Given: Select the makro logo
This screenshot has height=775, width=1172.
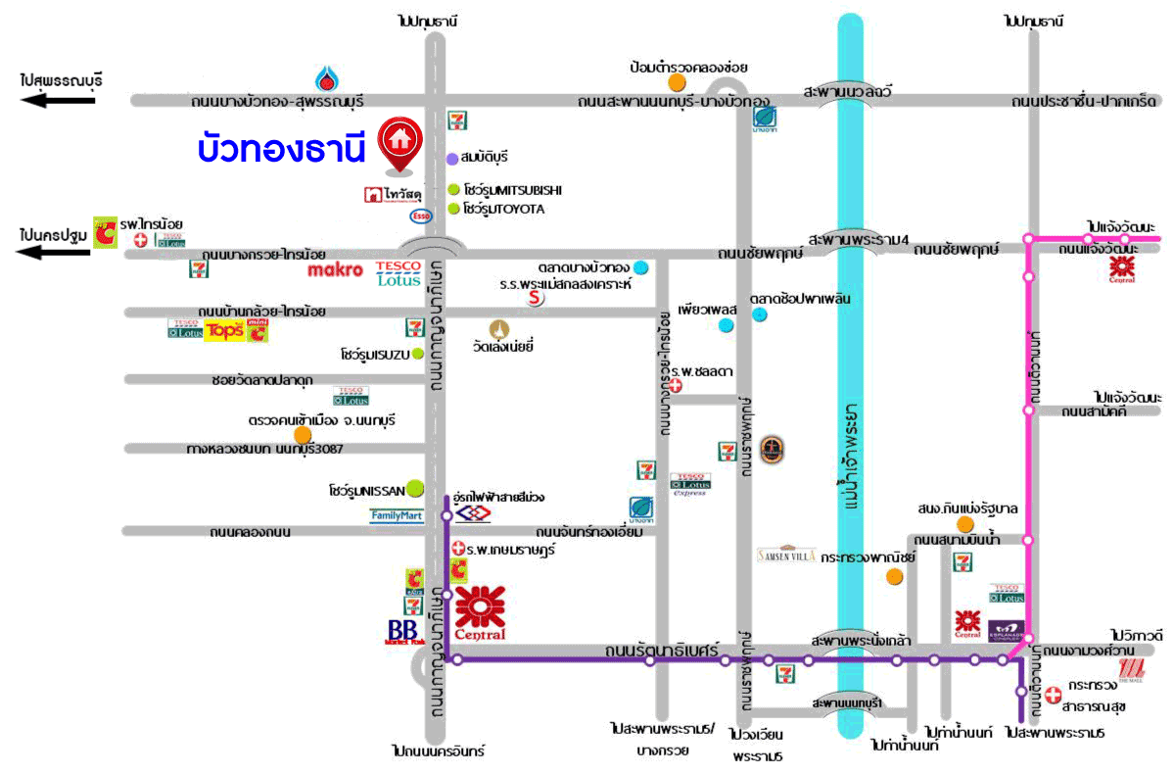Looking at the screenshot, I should pyautogui.click(x=335, y=269).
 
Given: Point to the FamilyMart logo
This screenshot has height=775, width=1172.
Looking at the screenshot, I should pyautogui.click(x=396, y=515).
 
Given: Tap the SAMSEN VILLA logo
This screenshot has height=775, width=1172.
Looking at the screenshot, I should pyautogui.click(x=786, y=556).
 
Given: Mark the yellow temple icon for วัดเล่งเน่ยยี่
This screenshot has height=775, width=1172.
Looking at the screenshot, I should pyautogui.click(x=500, y=330).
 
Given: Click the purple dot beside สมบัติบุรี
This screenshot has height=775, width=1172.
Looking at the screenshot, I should pyautogui.click(x=452, y=158).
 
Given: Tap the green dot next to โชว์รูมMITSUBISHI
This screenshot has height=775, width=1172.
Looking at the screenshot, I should pyautogui.click(x=453, y=190).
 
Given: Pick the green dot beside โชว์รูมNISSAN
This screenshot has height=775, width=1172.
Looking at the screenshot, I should pyautogui.click(x=415, y=487).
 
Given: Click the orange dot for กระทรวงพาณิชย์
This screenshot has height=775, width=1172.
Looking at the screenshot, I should pyautogui.click(x=893, y=576).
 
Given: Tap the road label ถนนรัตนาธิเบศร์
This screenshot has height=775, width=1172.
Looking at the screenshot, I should pyautogui.click(x=675, y=649).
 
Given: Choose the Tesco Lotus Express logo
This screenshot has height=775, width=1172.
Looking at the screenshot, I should pyautogui.click(x=688, y=485).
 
